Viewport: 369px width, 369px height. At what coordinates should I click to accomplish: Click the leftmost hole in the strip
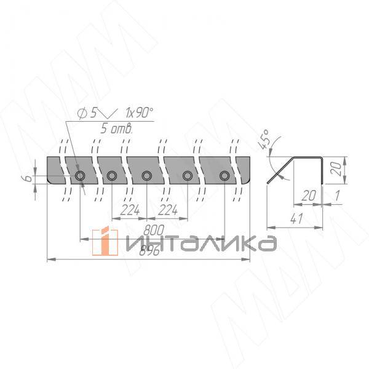[80, 177]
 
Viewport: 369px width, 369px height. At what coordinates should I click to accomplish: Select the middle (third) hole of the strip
[146, 177]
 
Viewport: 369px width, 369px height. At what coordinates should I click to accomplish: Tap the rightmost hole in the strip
[224, 177]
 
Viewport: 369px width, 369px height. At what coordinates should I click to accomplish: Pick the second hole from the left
[111, 177]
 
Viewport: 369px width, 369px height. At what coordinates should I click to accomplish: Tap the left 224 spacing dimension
[130, 210]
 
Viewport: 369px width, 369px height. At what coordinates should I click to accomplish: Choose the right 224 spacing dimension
[169, 210]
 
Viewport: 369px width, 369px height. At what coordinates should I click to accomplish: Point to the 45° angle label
[265, 139]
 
